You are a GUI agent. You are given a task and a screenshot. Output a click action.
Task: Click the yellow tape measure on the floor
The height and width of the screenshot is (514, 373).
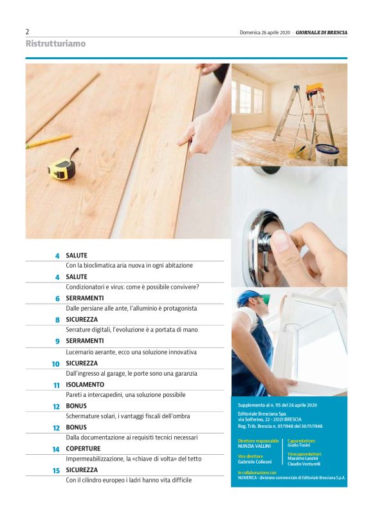(62, 167)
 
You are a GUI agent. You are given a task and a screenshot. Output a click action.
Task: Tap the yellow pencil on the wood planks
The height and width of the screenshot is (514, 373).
(48, 140)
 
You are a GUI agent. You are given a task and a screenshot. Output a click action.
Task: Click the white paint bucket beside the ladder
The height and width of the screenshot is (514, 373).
(327, 154)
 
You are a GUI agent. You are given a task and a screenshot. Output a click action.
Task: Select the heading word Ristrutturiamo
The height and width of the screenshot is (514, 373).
(56, 44)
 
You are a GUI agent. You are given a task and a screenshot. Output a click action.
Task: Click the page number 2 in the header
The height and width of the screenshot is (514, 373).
(28, 32)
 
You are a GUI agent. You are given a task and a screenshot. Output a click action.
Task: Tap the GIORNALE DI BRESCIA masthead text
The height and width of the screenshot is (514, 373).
(321, 32)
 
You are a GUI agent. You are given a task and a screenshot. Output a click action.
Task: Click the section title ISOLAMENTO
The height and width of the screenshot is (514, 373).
(85, 385)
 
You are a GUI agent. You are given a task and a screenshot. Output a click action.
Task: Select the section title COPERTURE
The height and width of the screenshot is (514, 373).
(83, 448)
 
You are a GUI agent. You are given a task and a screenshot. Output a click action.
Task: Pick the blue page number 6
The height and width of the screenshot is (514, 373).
(58, 298)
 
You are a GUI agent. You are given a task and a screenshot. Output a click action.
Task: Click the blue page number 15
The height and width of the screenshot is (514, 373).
(57, 470)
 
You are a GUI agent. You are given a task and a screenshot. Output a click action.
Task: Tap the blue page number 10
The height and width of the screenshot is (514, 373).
(56, 364)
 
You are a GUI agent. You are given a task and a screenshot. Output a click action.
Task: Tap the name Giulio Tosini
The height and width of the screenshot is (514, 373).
(299, 445)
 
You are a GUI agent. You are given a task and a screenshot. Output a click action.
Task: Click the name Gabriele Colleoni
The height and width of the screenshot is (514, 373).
(255, 462)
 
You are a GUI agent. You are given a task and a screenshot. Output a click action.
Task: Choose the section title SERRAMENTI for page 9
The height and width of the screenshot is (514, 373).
(84, 341)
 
